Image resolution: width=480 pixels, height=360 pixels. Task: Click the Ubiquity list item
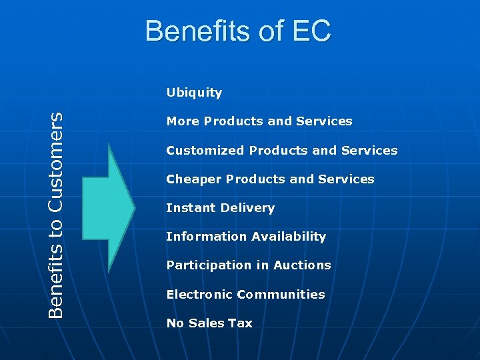tap(194, 93)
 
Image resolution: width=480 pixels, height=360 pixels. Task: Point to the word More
tap(183, 121)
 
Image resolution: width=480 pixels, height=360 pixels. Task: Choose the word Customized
tap(205, 151)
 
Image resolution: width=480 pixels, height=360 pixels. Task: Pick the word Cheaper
tap(194, 179)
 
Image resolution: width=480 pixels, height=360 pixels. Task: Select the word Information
tap(203, 237)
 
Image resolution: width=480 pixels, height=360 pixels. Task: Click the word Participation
tap(207, 265)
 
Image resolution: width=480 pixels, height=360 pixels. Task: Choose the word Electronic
tap(199, 295)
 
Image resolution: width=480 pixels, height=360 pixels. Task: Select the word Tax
tap(241, 323)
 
